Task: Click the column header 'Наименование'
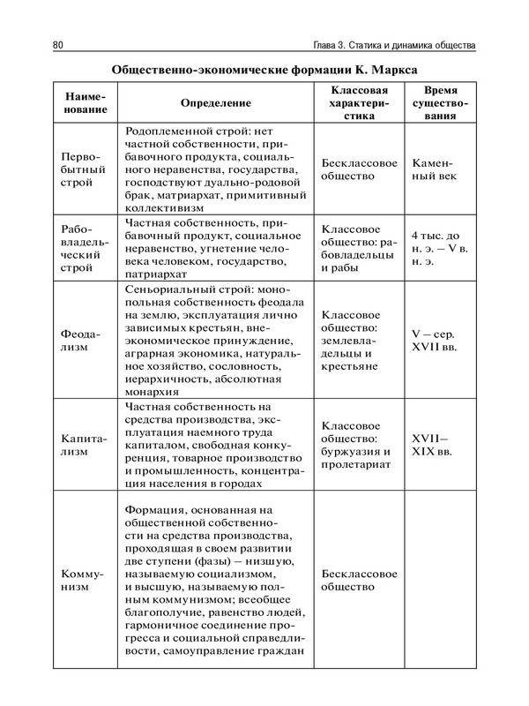coord(86,102)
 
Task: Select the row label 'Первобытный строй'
coord(86,169)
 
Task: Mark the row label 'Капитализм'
coord(86,444)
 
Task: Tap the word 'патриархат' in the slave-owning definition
coord(159,274)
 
